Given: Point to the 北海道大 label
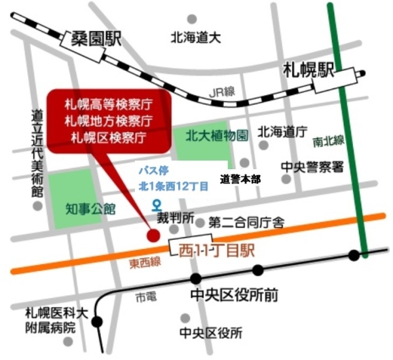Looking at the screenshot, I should coord(196,37).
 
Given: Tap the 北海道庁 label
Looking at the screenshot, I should coord(282,132).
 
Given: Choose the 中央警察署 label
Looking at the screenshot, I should coord(312,167).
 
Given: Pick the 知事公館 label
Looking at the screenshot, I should coord(91,209).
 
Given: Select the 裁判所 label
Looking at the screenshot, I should coord(176,216).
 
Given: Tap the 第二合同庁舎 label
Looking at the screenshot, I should coord(246,223).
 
